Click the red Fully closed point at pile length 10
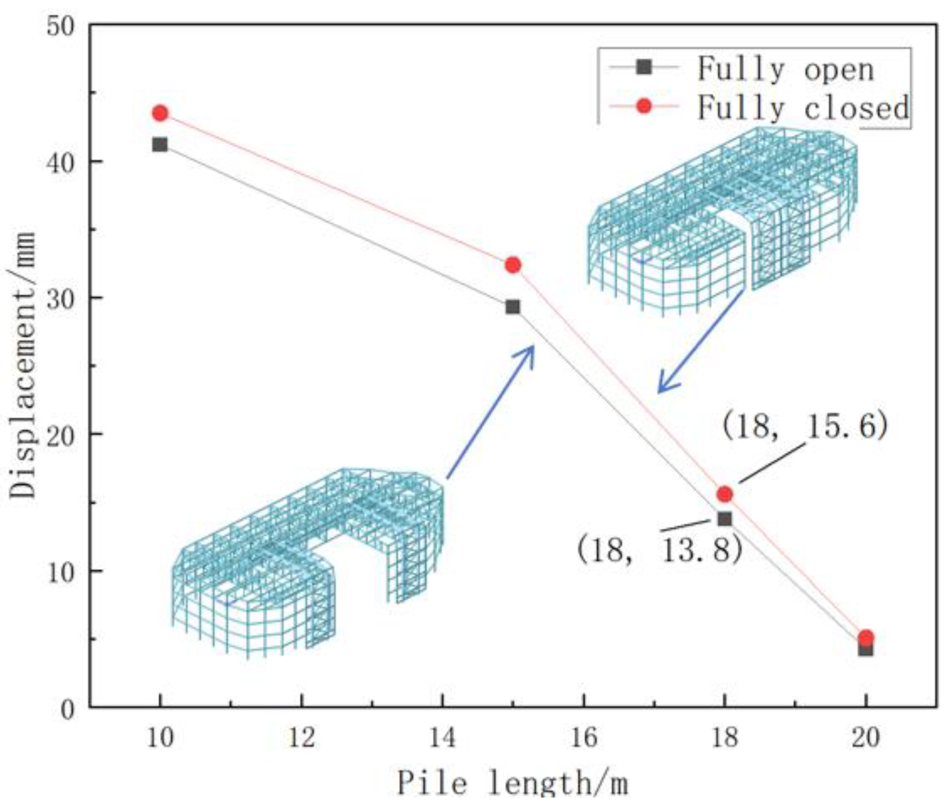tap(160, 113)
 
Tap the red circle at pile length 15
tap(513, 265)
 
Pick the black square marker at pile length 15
tap(513, 307)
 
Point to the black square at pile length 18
tap(725, 519)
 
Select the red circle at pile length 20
tap(866, 637)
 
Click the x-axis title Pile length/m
tap(512, 782)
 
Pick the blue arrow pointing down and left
tap(700, 341)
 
